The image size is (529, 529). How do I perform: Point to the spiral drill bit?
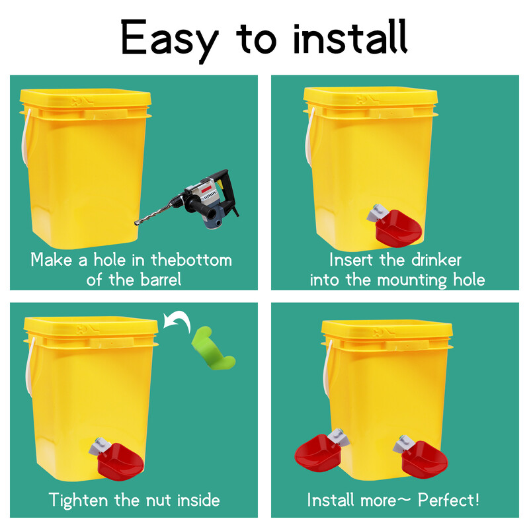coord(156,212)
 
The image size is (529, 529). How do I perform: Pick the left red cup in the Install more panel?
coord(318,453)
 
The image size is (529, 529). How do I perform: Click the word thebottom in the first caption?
coord(191,260)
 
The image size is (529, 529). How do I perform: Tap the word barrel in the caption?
coord(161,280)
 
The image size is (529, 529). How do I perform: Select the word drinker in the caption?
coord(436,260)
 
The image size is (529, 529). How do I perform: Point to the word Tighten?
coord(78,501)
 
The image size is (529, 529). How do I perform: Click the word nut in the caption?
coord(159,501)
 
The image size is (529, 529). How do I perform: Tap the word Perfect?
coord(448,500)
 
